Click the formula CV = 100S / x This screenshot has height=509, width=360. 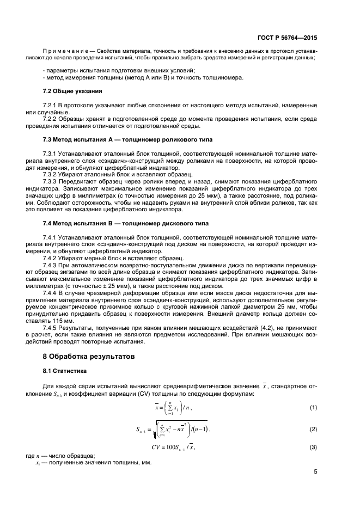coord(173,447)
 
